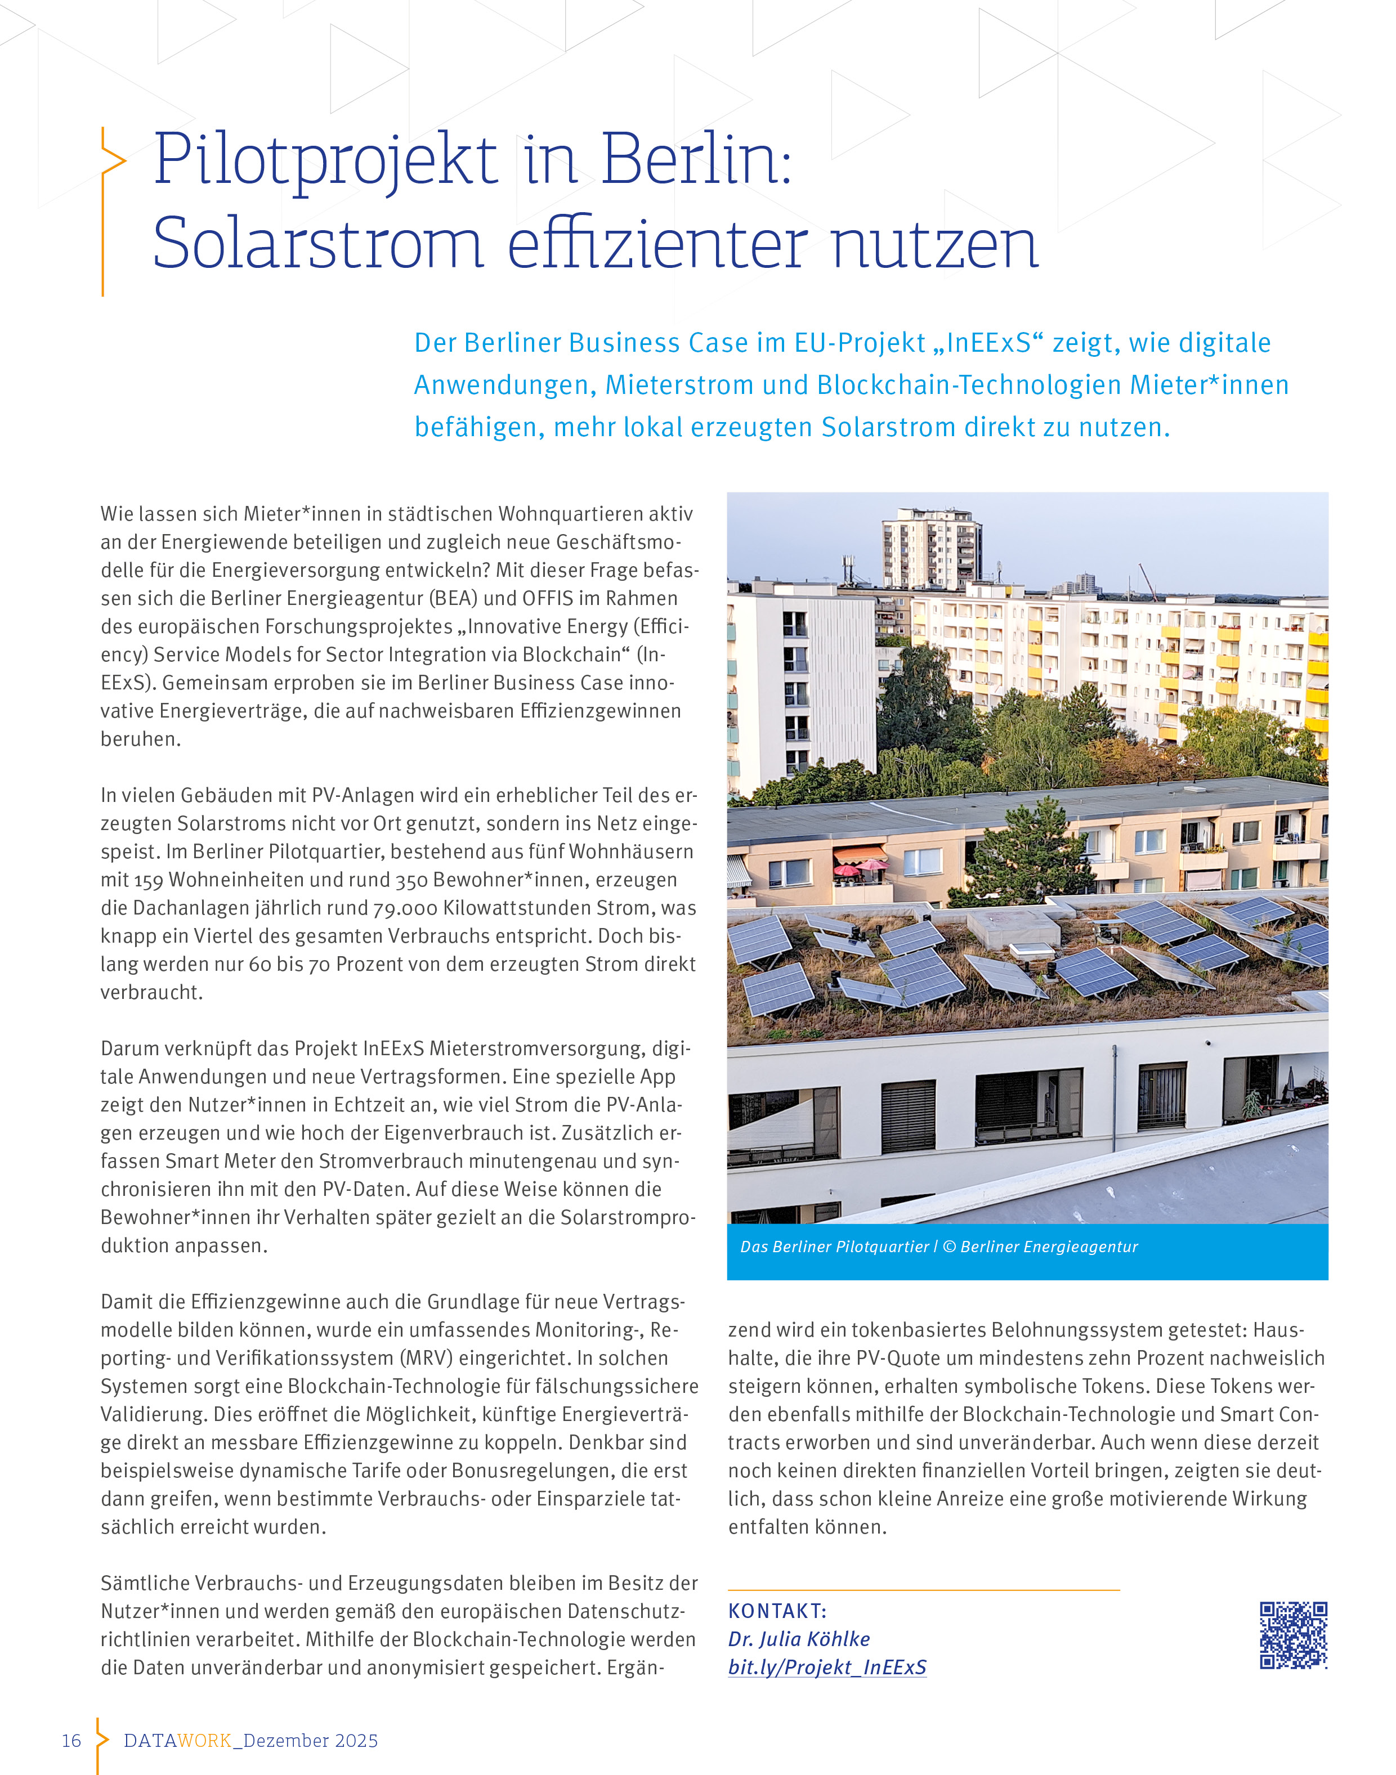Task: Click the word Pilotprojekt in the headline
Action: (325, 161)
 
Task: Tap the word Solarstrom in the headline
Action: (318, 245)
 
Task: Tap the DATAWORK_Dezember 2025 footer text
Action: (250, 1741)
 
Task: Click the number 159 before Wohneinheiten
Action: (148, 880)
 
